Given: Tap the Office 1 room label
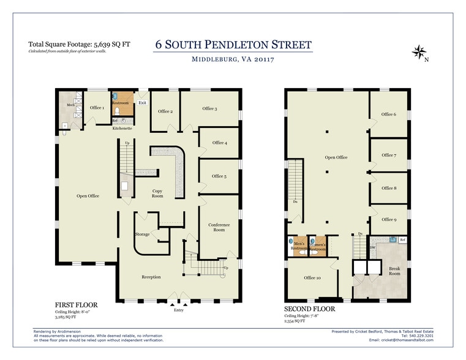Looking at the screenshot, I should click(97, 108).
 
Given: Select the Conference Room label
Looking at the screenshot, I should click(219, 227).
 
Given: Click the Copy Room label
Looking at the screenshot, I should click(157, 193).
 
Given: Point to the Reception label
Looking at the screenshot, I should click(151, 277).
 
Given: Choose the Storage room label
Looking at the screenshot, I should click(142, 234).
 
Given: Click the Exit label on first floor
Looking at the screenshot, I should click(141, 103).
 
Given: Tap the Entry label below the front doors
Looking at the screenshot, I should click(178, 310).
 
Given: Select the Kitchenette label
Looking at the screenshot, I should click(122, 129).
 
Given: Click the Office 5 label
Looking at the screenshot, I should click(219, 176).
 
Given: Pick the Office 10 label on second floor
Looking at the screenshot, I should click(313, 277).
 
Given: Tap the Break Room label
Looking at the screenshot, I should click(394, 271).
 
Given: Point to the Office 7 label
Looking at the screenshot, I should click(388, 155).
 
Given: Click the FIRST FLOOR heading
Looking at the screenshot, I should click(77, 304).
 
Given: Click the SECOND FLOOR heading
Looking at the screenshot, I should click(309, 309).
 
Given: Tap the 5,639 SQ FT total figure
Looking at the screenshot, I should click(116, 44).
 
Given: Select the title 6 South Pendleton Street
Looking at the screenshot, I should click(233, 45).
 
